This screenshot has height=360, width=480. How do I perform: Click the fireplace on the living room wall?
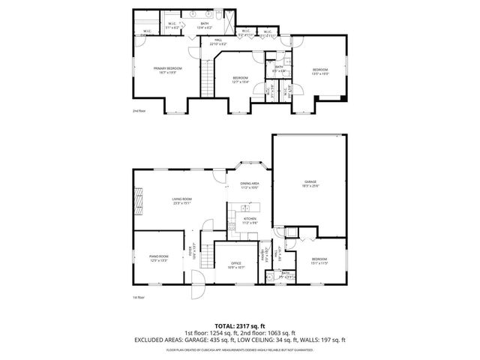(138, 201)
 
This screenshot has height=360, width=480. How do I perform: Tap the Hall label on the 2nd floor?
(218, 40)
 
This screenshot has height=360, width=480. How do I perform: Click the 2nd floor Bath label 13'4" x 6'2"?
(205, 25)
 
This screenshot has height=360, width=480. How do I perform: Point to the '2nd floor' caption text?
(139, 110)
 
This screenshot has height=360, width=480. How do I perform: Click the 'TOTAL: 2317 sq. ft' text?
(239, 324)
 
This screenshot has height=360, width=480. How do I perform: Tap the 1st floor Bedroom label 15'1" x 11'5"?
(319, 261)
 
